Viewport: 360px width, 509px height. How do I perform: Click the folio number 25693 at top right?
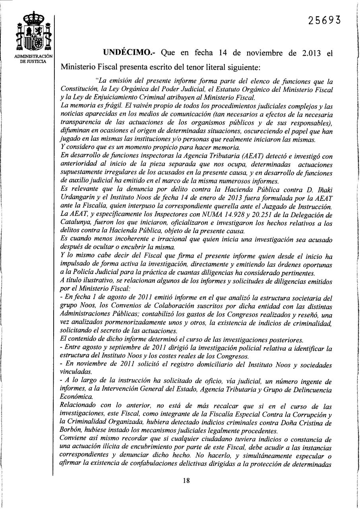pos(324,21)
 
